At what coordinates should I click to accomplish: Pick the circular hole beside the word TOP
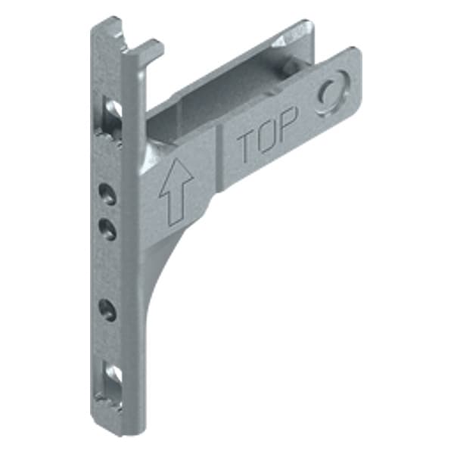tap(331, 94)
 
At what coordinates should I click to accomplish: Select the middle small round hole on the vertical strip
tap(110, 228)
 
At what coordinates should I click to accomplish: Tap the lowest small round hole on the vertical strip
tap(110, 309)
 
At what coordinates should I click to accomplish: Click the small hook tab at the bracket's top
tap(151, 50)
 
